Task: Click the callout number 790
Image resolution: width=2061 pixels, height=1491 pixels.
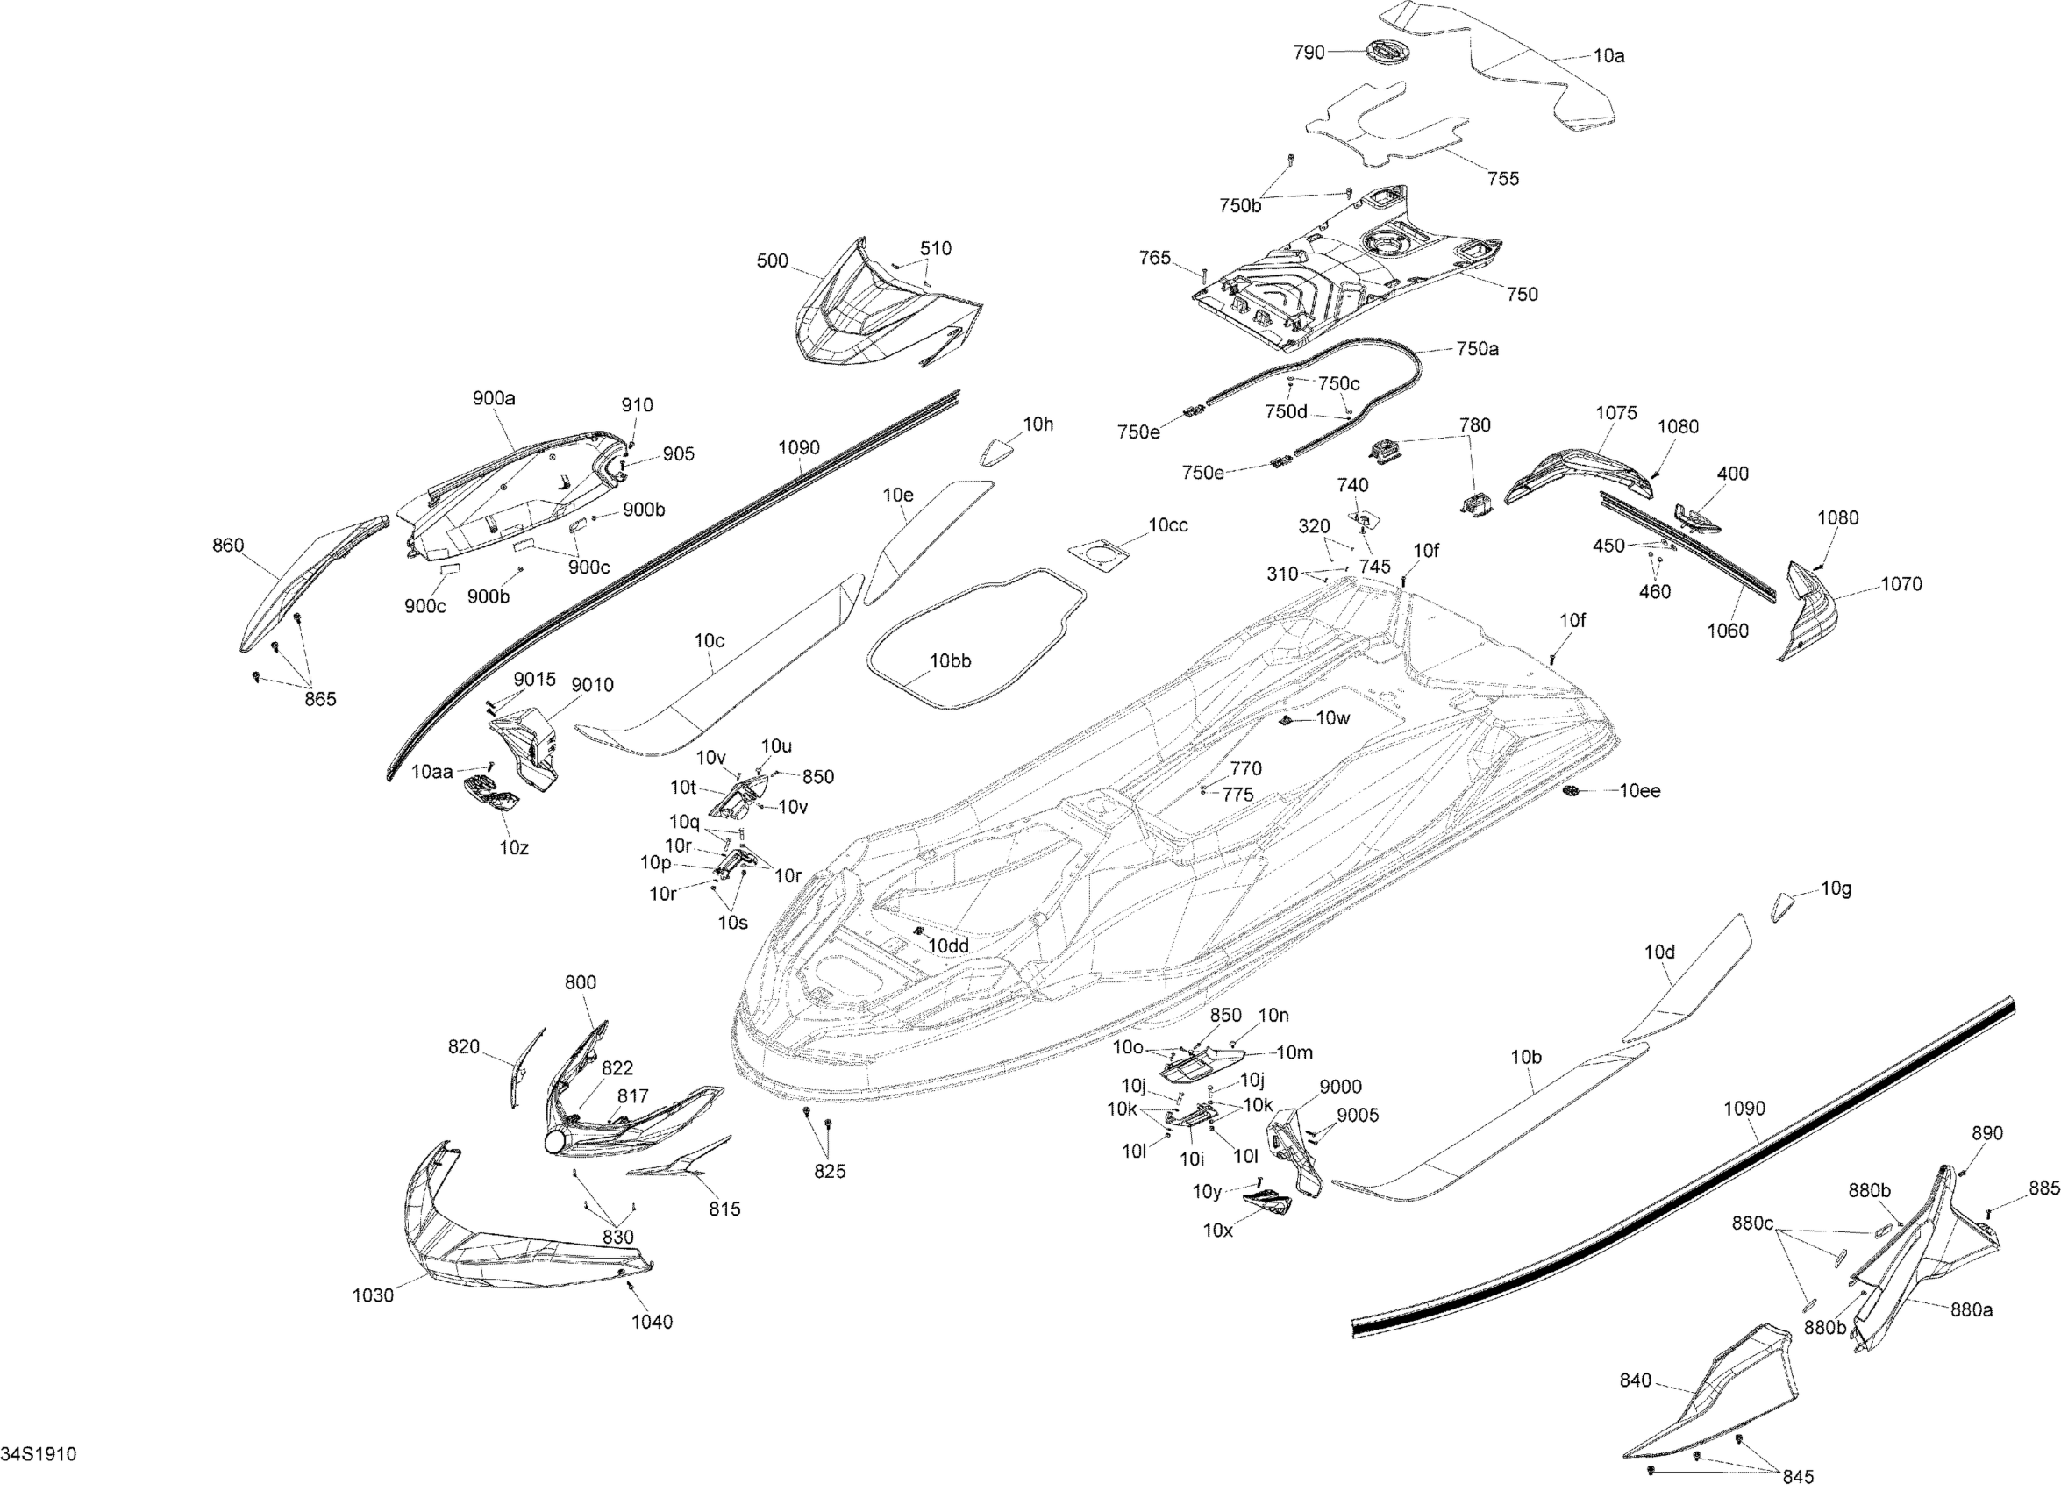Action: (1309, 53)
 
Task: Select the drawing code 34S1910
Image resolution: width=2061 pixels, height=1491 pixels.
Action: (39, 1455)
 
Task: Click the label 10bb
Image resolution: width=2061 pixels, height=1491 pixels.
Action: (950, 660)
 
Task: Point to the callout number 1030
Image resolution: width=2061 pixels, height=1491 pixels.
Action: (373, 1295)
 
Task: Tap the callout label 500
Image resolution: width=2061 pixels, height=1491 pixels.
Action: (773, 260)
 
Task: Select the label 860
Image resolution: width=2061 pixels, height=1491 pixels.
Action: (228, 546)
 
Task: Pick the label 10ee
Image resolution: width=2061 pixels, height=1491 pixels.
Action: (1639, 791)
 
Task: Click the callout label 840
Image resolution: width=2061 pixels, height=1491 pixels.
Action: (1635, 1381)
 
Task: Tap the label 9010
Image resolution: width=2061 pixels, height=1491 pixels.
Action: (592, 685)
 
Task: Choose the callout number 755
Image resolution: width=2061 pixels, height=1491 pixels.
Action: (1503, 178)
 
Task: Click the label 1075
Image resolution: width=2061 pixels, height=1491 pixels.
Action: (1615, 413)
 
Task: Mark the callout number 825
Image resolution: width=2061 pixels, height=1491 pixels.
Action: (829, 1172)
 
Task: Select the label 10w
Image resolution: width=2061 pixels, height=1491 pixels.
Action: (1332, 718)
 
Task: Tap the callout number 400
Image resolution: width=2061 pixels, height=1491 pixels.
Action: (1732, 474)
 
